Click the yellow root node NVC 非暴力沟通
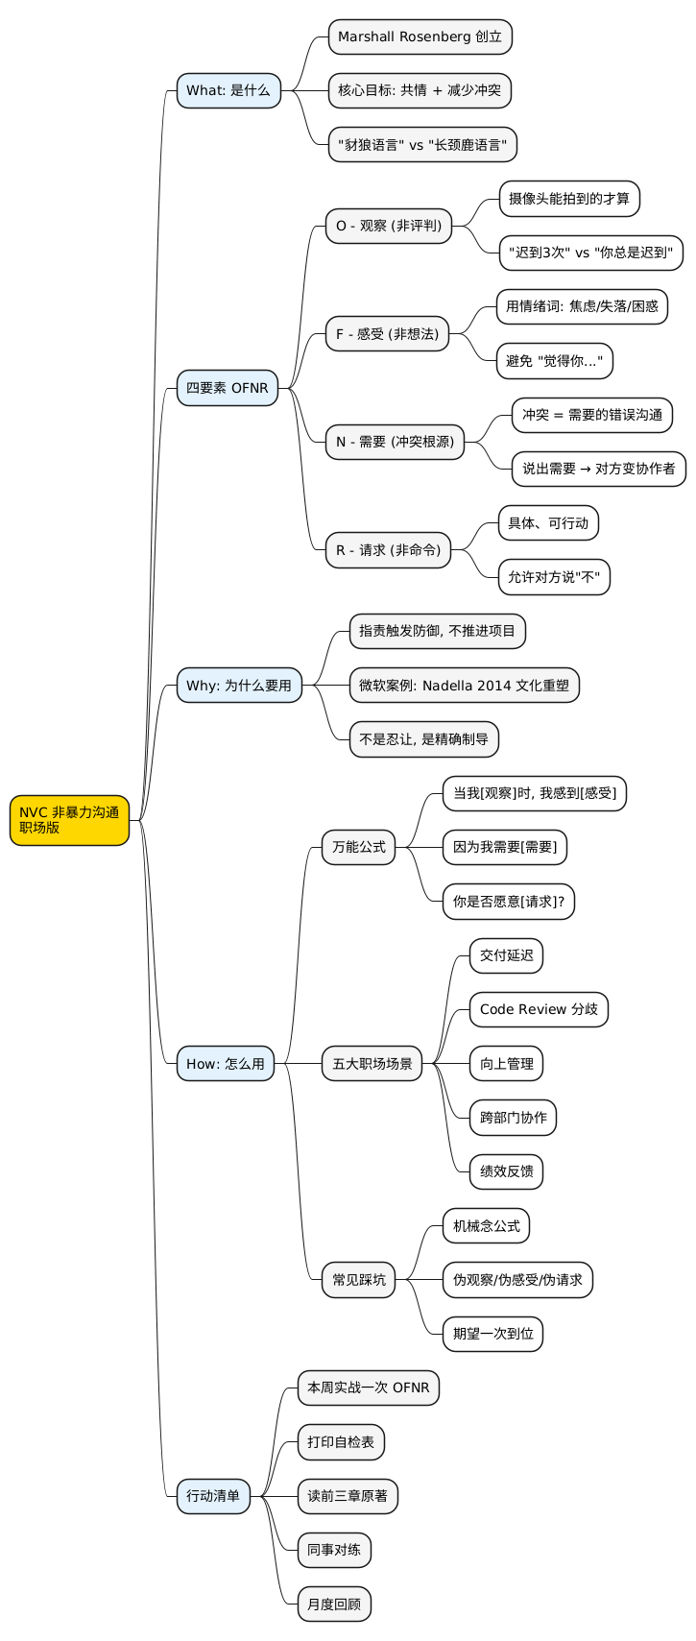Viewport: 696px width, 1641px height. (x=69, y=820)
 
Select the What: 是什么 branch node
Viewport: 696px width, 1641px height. (x=228, y=90)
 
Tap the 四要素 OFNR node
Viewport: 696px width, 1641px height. (x=228, y=388)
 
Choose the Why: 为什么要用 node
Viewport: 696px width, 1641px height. (x=239, y=686)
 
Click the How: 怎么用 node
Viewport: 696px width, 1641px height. (x=226, y=1063)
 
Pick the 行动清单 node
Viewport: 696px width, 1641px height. (x=213, y=1496)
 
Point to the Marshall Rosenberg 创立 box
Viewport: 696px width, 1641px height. (x=420, y=36)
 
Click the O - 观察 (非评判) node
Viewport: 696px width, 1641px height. (x=388, y=226)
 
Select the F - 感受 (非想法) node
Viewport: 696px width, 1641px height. (x=387, y=334)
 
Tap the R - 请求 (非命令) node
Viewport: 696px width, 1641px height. (x=388, y=550)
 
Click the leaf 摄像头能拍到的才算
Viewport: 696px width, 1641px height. (x=568, y=199)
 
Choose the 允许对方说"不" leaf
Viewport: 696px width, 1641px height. (x=554, y=577)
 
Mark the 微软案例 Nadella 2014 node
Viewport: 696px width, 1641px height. (x=464, y=686)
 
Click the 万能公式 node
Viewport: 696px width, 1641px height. (x=358, y=847)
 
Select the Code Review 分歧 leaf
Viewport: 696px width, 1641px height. (x=539, y=1009)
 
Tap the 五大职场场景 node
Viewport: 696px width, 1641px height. (x=372, y=1063)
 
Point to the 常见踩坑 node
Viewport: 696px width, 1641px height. (x=358, y=1279)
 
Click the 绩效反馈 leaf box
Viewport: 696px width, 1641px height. (x=507, y=1171)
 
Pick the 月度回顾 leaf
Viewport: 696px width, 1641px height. (x=334, y=1605)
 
